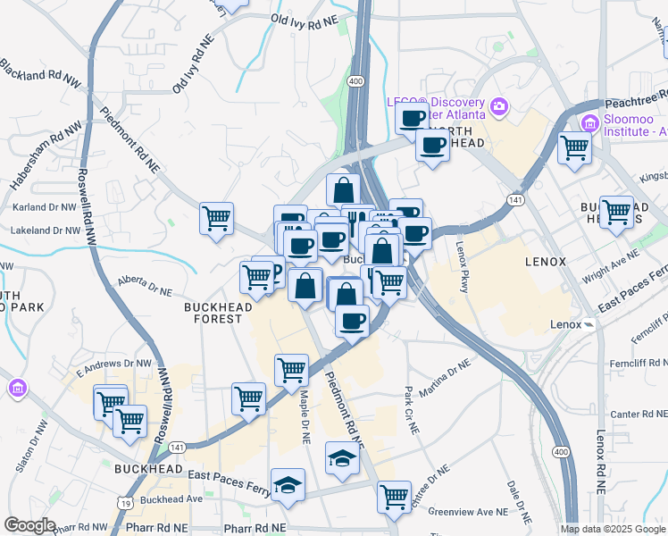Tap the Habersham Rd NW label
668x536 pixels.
tap(35, 162)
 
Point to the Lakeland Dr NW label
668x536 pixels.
tap(46, 230)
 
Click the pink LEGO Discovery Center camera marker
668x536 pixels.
tap(499, 108)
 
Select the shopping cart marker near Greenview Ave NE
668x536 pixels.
tap(394, 496)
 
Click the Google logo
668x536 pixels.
tap(29, 525)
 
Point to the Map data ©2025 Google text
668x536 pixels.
tap(614, 529)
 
